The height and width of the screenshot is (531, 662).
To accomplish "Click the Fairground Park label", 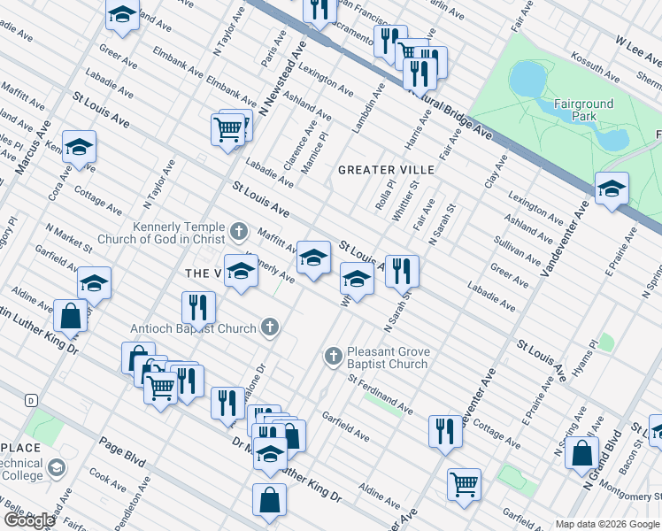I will [583, 110].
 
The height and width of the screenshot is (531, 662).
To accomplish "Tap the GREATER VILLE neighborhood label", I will [387, 169].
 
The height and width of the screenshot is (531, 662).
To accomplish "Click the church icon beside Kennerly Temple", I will [237, 233].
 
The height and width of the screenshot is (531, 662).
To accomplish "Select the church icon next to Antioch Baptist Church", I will [272, 328].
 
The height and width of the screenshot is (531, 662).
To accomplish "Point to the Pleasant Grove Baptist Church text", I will [388, 358].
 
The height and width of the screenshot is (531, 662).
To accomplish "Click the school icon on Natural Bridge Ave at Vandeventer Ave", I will [611, 189].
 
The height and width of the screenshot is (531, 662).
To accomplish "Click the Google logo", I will [29, 519].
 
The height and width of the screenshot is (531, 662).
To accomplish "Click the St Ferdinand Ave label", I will [380, 396].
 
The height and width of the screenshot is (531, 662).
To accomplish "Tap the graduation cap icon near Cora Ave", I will [79, 148].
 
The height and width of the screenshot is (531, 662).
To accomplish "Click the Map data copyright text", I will [607, 524].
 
